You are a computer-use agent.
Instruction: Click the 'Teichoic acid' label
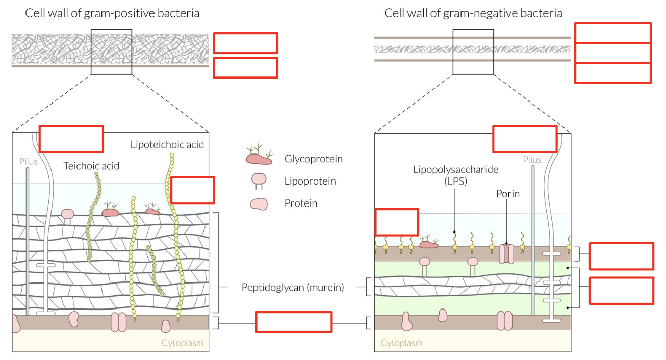[91, 166]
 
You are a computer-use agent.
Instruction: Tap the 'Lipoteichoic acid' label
[167, 144]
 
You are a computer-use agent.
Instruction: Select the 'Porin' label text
[508, 194]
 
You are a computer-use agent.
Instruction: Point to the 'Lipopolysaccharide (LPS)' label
[455, 175]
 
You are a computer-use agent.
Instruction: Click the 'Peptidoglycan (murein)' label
[293, 287]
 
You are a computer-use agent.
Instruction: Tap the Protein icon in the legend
[259, 204]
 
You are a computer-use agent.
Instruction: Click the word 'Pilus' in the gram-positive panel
[29, 162]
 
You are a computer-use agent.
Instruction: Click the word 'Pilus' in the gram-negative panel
[532, 160]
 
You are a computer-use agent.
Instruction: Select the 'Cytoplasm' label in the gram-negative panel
[401, 343]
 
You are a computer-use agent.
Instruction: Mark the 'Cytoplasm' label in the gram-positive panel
[183, 343]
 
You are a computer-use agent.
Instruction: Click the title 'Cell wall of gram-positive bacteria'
[112, 13]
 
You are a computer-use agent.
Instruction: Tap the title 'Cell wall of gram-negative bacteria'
[473, 13]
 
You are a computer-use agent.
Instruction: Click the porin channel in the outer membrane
[506, 254]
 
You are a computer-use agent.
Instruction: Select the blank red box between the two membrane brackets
[294, 322]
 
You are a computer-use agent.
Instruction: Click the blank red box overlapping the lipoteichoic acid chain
[193, 190]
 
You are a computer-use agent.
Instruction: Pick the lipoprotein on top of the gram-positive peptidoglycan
[67, 217]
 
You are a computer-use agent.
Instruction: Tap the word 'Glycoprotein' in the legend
[314, 159]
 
